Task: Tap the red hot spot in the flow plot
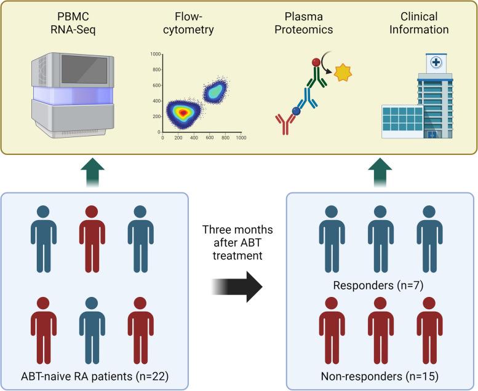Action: [x=180, y=111]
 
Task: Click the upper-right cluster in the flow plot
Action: [x=215, y=91]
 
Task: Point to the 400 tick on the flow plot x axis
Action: [x=194, y=138]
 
